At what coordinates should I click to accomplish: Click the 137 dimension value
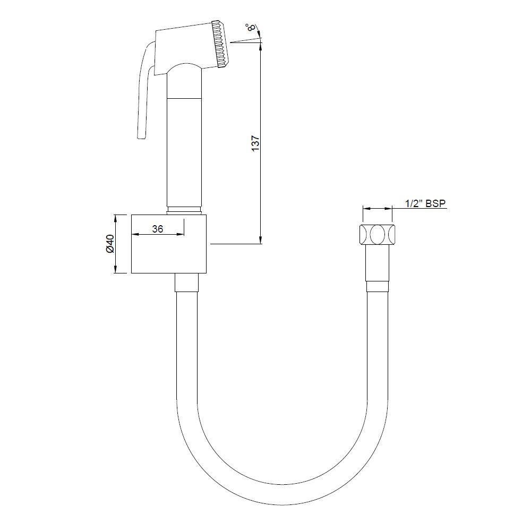[255, 144]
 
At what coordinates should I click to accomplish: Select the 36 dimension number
[157, 229]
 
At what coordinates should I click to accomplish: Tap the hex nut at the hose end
[378, 234]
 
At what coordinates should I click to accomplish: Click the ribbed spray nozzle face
[220, 45]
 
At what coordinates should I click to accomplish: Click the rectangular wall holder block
[170, 244]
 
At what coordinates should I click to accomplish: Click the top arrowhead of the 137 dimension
[261, 45]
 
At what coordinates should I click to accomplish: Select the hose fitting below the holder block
[186, 282]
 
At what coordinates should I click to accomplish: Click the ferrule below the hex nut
[378, 287]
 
